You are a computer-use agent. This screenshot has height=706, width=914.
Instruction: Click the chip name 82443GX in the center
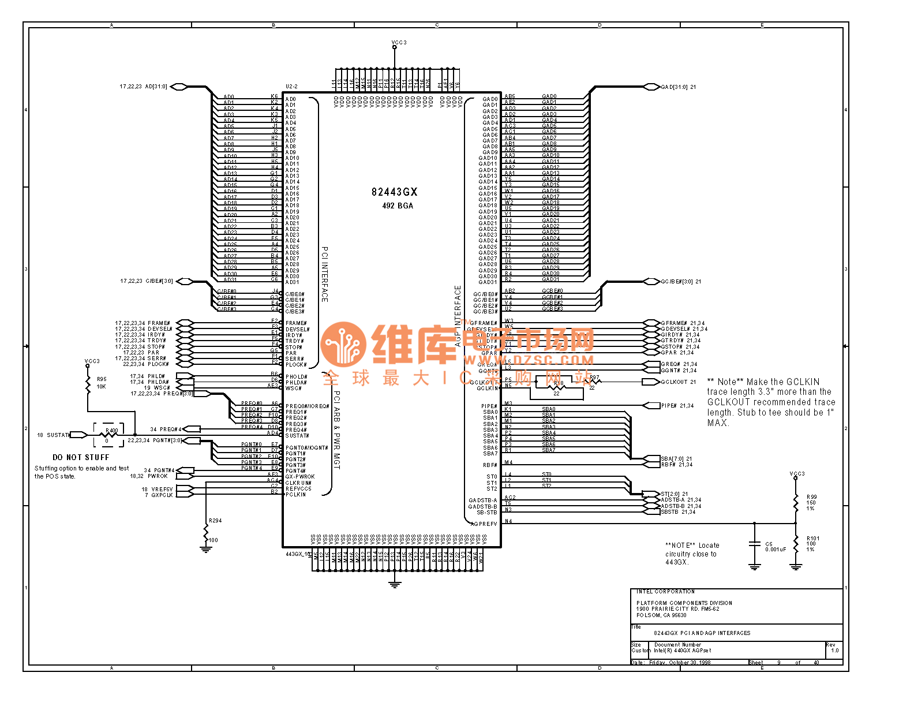[x=394, y=192]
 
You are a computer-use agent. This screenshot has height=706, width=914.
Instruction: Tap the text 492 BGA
[x=398, y=206]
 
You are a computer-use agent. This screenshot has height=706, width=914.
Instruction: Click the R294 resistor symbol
[x=206, y=534]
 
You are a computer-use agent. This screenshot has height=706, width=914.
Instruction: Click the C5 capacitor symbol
[x=754, y=544]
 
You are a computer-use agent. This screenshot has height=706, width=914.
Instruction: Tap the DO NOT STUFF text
[x=81, y=457]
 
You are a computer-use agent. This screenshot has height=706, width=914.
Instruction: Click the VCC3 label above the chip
[x=399, y=43]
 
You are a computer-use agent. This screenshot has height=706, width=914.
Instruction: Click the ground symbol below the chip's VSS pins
[x=395, y=585]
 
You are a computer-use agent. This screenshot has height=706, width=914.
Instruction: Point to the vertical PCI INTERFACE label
[x=325, y=274]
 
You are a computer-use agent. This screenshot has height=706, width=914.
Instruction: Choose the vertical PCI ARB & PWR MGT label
[x=338, y=430]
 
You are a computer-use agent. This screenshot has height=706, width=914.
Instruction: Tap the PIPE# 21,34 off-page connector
[x=677, y=406]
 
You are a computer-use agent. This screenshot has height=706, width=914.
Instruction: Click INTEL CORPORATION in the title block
[x=665, y=592]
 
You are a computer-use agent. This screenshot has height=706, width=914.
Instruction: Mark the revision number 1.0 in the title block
[x=834, y=651]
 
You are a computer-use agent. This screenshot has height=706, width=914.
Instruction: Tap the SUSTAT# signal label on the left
[x=58, y=435]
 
